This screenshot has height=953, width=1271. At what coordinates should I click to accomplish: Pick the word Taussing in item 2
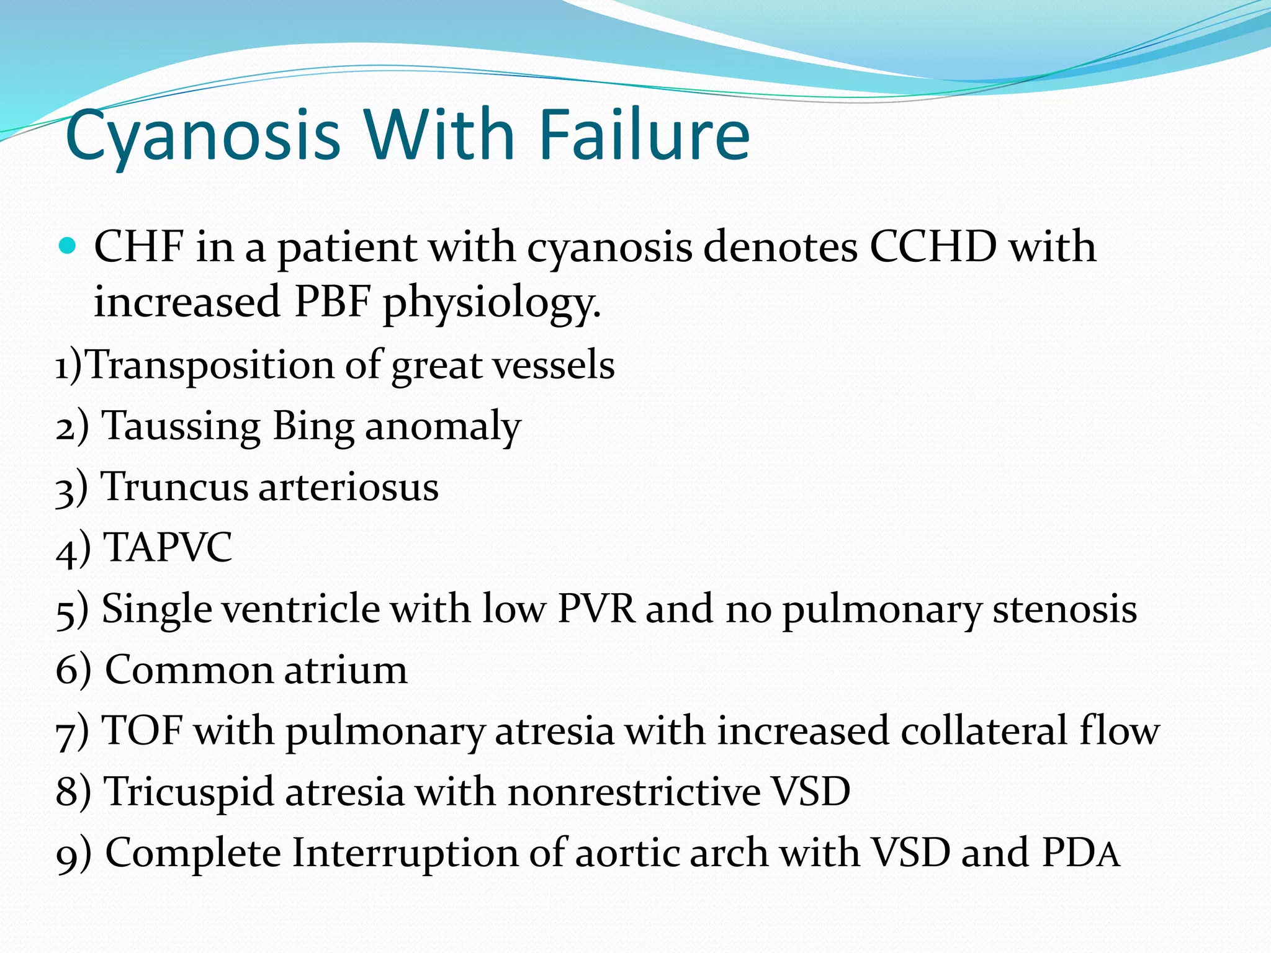click(x=181, y=427)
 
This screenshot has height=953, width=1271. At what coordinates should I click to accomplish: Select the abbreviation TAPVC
click(x=168, y=547)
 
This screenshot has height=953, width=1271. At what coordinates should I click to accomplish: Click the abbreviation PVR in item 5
click(x=596, y=609)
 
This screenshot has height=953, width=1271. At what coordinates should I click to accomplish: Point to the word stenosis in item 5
click(x=1064, y=609)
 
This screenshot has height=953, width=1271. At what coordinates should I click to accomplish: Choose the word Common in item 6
click(x=189, y=670)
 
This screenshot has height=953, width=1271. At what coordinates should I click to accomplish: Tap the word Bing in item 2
click(x=313, y=427)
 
